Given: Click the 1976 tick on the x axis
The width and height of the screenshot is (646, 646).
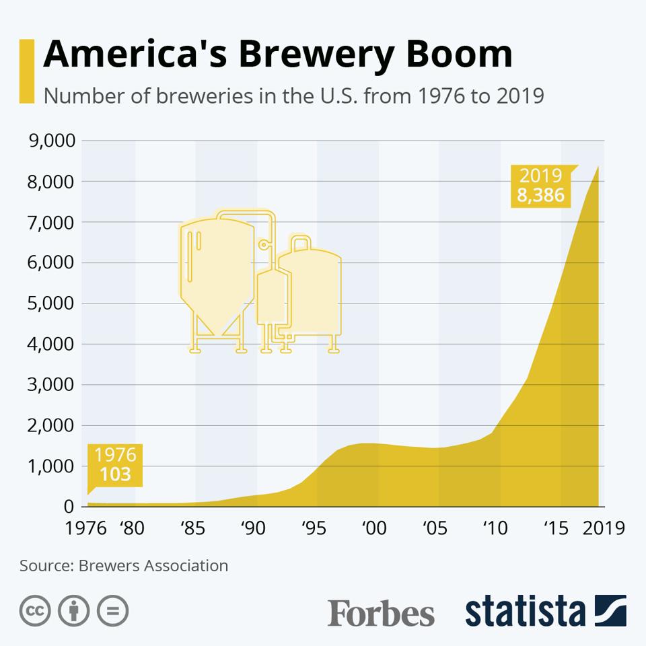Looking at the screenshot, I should point(86,528).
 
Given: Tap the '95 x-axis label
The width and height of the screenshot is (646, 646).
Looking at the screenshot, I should point(312,528).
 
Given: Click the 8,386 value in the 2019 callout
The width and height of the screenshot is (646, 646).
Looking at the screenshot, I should point(540,196).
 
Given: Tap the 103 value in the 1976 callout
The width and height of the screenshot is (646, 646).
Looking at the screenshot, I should point(115,474).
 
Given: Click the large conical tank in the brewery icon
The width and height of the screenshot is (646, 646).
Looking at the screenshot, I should point(217,269).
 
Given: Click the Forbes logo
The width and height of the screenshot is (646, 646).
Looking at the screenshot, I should point(381,612).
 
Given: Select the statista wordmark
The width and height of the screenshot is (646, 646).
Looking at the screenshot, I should point(525,611).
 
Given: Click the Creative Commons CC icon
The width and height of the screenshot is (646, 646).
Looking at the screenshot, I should point(36,611).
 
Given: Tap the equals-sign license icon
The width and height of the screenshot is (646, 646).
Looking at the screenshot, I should point(112,611).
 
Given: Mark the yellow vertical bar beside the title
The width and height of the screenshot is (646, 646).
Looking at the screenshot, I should point(26,71).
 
